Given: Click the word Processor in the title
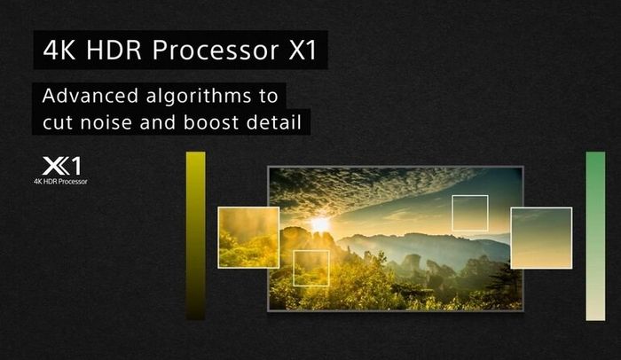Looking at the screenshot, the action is (216, 50).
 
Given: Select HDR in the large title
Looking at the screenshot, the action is (114, 50).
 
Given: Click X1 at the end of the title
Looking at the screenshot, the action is (303, 50).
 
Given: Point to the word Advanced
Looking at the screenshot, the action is (90, 96).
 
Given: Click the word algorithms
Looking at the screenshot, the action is (199, 97).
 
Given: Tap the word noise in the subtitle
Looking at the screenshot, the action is (106, 122).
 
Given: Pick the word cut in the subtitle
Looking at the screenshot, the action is (58, 122).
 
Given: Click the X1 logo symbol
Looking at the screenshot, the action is (61, 166).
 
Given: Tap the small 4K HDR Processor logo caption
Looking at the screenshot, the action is (60, 182).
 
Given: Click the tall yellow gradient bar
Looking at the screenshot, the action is (196, 236).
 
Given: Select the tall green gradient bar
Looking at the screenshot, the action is (595, 236).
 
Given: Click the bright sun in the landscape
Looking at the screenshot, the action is (320, 224).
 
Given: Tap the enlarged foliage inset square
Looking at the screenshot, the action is (248, 238).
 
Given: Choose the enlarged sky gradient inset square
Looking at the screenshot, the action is (541, 238).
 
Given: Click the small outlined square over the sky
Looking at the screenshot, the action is (470, 196).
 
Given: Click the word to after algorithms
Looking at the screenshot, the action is (269, 97).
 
